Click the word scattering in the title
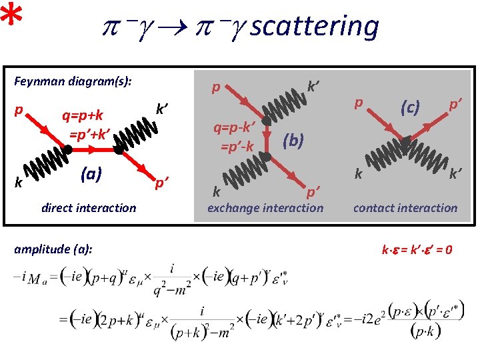315,27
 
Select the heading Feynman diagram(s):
73,81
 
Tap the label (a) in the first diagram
91,174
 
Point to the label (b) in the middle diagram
293,139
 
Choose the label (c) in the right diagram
409,107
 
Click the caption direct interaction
88,207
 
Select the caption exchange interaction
265,207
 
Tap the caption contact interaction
405,207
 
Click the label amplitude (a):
53,249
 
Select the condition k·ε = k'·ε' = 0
417,250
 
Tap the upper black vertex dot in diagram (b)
265,121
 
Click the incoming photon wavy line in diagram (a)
45,166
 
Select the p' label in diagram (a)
161,181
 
